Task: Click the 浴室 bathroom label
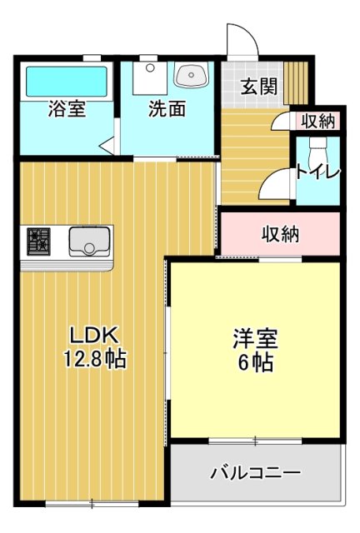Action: coord(67,109)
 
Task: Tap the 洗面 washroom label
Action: coord(167,109)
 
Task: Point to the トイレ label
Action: coord(317,172)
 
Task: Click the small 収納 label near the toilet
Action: coord(318,122)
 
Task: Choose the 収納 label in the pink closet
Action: coord(280,234)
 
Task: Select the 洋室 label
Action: coord(254,340)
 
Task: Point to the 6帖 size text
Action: coord(254,363)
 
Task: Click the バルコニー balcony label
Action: coord(255,474)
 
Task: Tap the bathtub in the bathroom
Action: coord(67,81)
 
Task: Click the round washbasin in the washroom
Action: coord(191,77)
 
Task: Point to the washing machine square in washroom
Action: coord(147,80)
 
